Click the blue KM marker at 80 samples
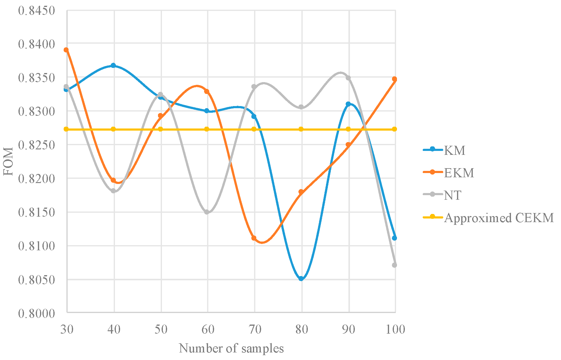click(301, 278)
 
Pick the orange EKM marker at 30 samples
click(66, 50)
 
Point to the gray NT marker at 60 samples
click(207, 212)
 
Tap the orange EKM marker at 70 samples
click(254, 238)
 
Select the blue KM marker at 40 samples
click(113, 65)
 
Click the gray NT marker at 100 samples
click(395, 265)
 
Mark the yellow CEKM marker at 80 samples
click(301, 129)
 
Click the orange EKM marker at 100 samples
click(395, 79)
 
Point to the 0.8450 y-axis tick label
click(36, 11)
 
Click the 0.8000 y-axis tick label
click(36, 313)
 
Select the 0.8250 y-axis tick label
click(36, 145)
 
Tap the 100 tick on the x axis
click(395, 329)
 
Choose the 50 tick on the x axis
click(161, 329)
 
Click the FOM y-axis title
click(8, 161)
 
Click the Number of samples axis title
click(231, 348)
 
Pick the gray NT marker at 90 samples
click(348, 78)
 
